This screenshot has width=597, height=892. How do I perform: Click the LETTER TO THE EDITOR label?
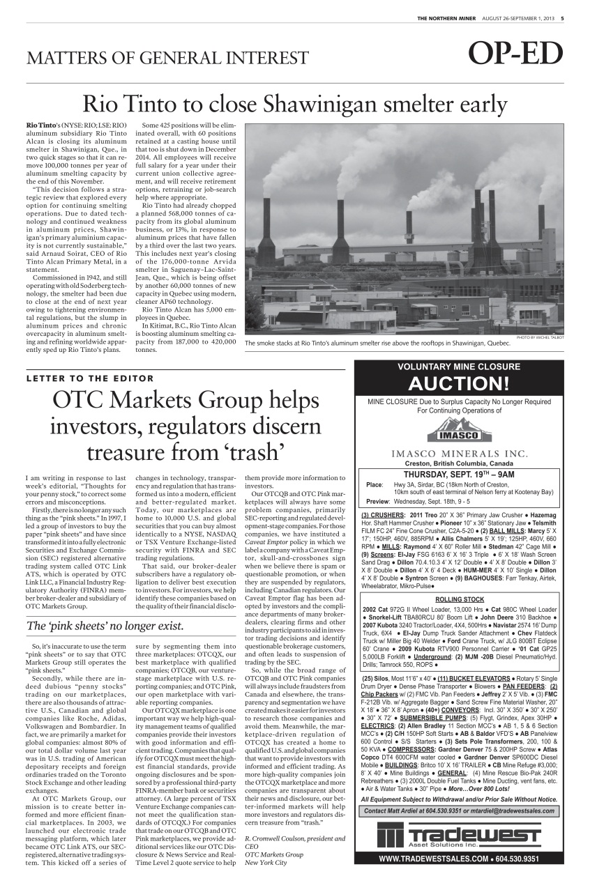[90, 378]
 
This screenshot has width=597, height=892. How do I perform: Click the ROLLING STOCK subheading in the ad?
[459, 599]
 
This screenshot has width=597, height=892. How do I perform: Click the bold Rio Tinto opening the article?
[40, 125]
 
